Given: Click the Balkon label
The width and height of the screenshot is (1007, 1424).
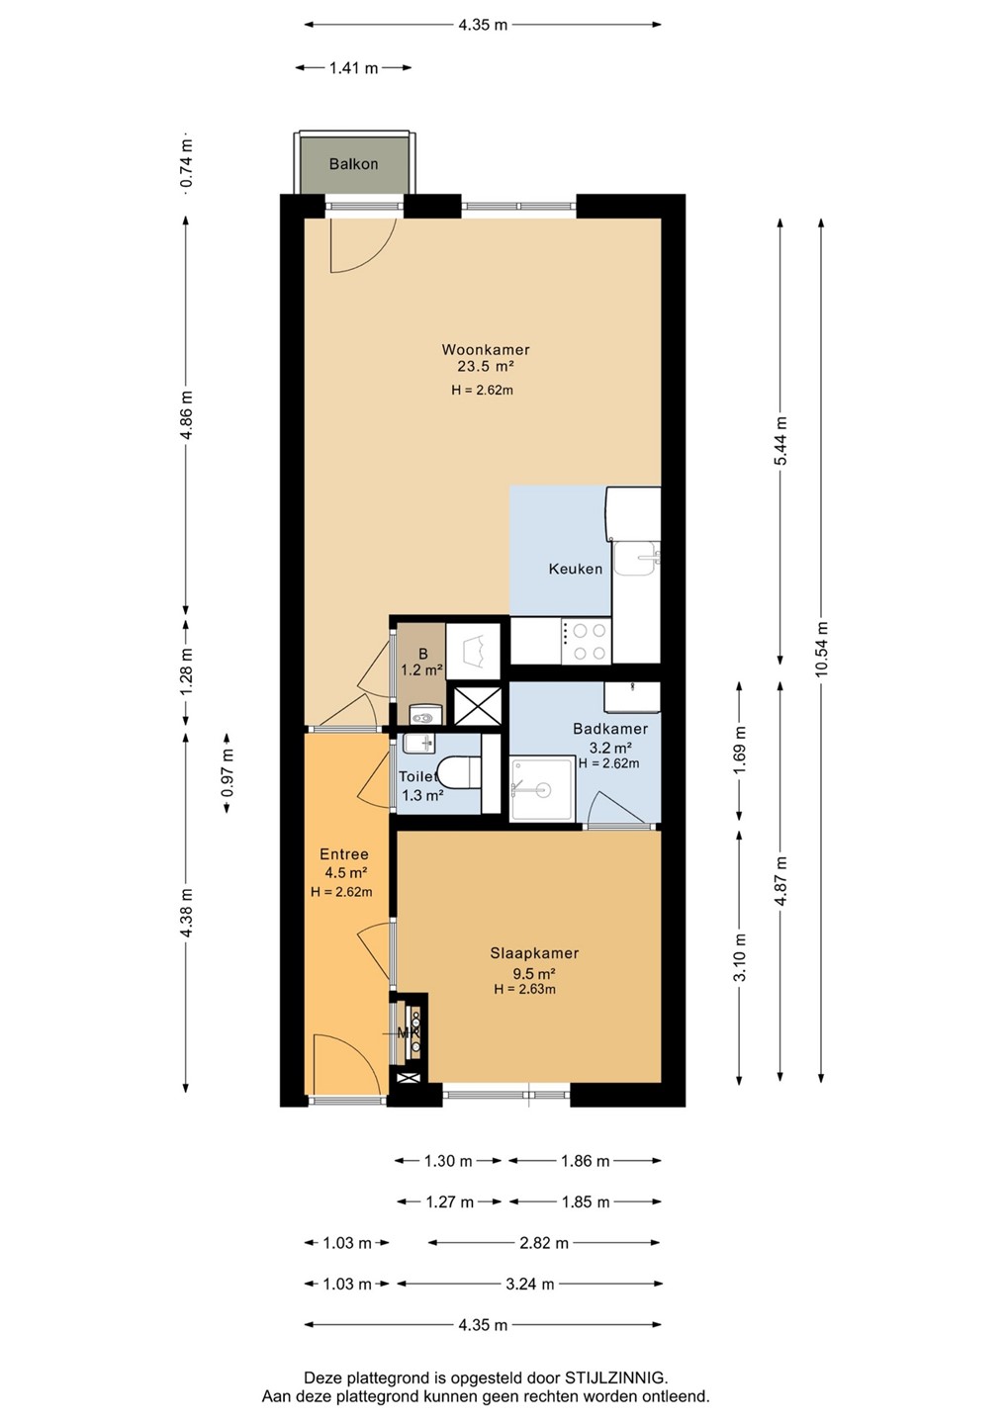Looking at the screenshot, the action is click(353, 164).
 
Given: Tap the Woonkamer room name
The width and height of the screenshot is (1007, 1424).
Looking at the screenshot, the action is click(486, 350).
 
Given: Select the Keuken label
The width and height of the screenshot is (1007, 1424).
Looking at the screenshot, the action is click(576, 569).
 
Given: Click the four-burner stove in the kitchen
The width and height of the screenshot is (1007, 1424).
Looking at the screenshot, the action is click(586, 642).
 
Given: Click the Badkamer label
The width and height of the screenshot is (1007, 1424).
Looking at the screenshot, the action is click(610, 729).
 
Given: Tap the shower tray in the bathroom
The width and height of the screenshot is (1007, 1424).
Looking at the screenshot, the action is click(541, 788).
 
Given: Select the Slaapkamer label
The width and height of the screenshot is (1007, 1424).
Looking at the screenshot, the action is click(534, 953).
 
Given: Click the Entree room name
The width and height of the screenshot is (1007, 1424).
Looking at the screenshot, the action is click(344, 854).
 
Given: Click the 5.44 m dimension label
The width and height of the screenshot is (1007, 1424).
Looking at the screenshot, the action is click(780, 441).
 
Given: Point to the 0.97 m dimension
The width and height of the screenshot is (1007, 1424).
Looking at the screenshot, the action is click(227, 772).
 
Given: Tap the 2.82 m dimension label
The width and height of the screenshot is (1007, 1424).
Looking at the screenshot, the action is click(544, 1243).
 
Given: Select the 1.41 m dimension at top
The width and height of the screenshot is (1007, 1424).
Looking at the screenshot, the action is click(353, 68).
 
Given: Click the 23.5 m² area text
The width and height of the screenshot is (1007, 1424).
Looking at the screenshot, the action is click(485, 366).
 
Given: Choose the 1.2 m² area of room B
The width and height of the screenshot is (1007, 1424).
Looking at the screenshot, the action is click(422, 669).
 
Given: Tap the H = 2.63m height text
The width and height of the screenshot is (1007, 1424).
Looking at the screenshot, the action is click(524, 989).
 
